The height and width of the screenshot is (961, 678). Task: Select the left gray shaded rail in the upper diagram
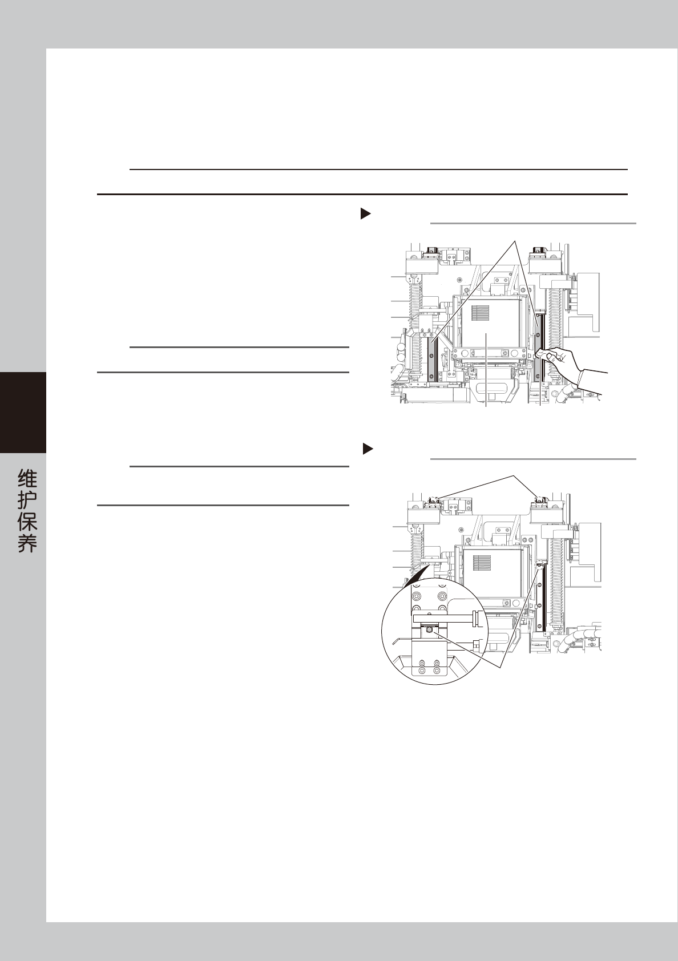coord(432,359)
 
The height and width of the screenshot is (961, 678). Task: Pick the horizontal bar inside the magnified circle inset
coord(439,618)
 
